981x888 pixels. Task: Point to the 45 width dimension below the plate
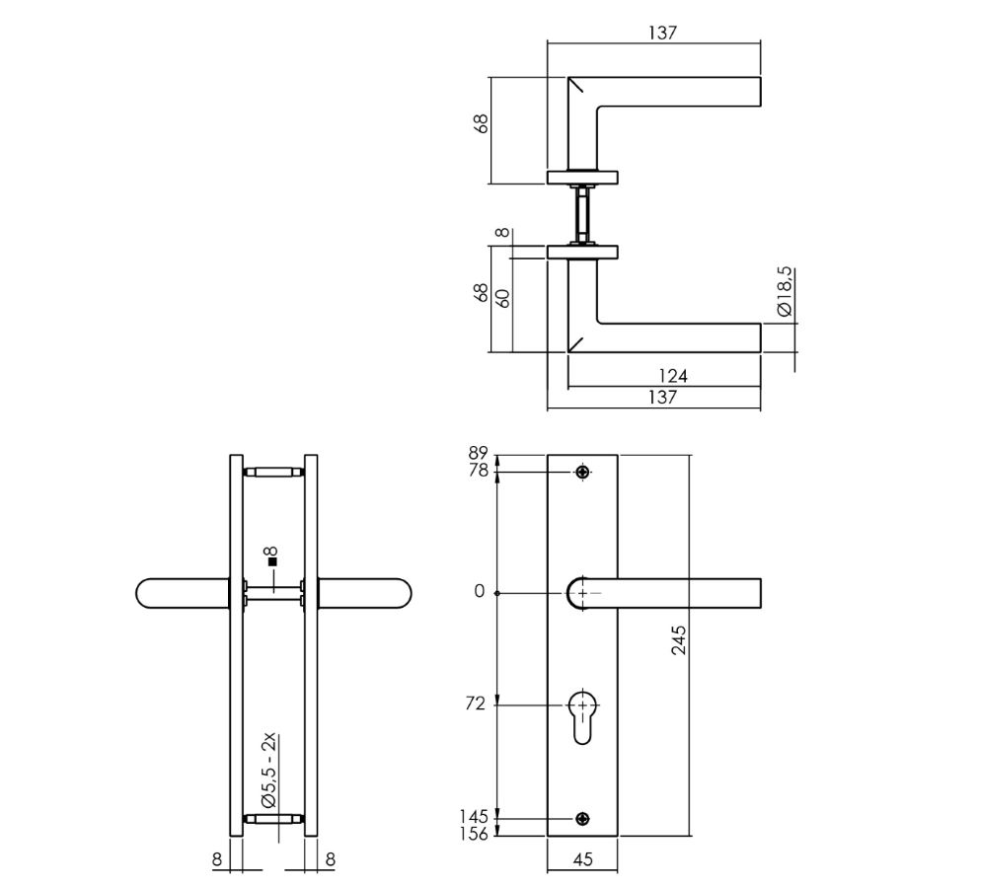[x=582, y=859]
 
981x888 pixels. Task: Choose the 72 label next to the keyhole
[x=476, y=704]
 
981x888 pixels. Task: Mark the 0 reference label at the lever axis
[x=480, y=592]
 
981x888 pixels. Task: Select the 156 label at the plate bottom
[x=476, y=834]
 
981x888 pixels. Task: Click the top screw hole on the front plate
[x=583, y=473]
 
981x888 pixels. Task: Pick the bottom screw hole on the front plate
[x=583, y=818]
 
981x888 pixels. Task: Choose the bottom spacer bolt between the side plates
[x=273, y=818]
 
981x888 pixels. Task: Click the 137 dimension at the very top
[x=662, y=33]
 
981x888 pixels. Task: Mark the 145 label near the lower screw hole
[x=476, y=817]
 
